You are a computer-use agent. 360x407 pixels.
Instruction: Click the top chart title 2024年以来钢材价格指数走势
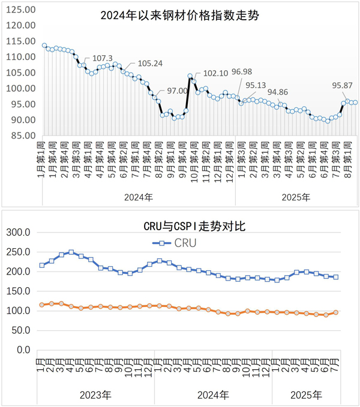(x=180, y=15)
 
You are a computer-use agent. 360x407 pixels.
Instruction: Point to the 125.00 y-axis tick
(x=21, y=10)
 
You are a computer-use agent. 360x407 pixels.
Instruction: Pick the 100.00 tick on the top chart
(x=21, y=88)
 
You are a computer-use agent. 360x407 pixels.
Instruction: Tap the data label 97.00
(x=178, y=91)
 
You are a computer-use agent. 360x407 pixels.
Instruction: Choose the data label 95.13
(x=257, y=85)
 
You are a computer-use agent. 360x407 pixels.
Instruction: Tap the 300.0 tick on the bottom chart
(x=21, y=232)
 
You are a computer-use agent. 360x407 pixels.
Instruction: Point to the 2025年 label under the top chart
(x=296, y=197)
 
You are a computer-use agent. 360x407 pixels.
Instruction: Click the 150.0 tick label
(x=21, y=291)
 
